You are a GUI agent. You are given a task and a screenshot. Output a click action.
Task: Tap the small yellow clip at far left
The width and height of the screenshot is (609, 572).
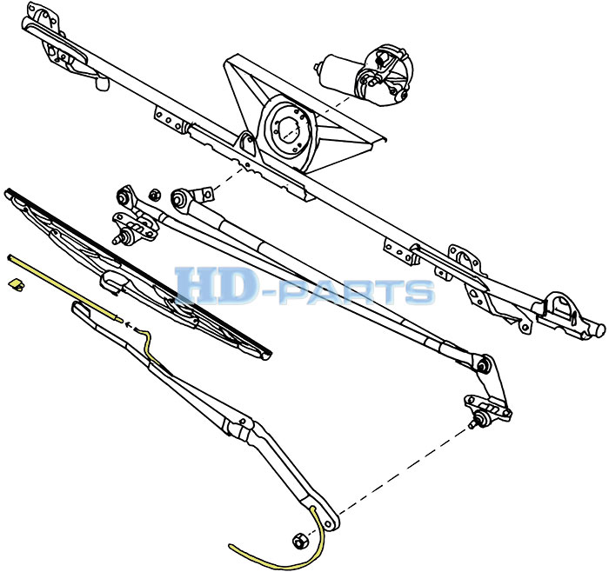click(x=17, y=284)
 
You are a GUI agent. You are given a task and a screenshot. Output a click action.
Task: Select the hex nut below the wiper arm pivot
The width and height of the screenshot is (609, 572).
click(x=299, y=541)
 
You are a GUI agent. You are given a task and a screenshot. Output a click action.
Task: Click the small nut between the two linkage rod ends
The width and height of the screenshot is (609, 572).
click(x=155, y=195)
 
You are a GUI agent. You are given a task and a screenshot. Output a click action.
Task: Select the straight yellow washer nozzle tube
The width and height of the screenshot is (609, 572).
click(x=65, y=289)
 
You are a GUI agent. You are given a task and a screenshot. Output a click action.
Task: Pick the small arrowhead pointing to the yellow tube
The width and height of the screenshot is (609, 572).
click(x=129, y=324)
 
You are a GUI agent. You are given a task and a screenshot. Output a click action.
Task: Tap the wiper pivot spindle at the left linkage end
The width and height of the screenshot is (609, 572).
click(x=121, y=237)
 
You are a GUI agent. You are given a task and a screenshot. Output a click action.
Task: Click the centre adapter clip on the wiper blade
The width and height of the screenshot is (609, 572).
click(x=111, y=283)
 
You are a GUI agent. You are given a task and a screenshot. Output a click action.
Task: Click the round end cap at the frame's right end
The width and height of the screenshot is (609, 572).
click(x=599, y=329)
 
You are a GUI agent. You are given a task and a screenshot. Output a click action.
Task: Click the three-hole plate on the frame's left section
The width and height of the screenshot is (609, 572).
click(x=168, y=119)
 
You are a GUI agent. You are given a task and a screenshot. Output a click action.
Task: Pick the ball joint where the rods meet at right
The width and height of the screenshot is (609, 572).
click(x=484, y=365)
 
